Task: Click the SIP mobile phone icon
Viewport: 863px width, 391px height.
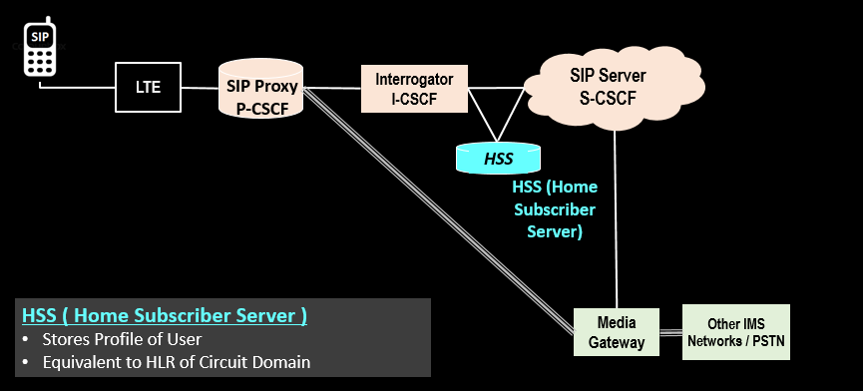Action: point(39,49)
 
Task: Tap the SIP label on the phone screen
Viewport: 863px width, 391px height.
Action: point(39,35)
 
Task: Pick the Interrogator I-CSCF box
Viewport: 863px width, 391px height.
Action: point(414,88)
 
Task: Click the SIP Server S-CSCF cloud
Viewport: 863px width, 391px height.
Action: point(608,86)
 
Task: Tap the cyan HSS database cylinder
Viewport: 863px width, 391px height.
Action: point(498,158)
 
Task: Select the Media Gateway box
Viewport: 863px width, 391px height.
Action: point(616,333)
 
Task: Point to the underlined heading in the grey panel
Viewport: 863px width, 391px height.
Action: point(165,316)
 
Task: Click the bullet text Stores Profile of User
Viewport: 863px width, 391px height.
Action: point(122,339)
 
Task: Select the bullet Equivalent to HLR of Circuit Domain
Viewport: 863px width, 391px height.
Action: point(177,362)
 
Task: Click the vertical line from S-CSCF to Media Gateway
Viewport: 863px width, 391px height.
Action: point(616,219)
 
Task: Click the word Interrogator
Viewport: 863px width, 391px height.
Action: point(414,78)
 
